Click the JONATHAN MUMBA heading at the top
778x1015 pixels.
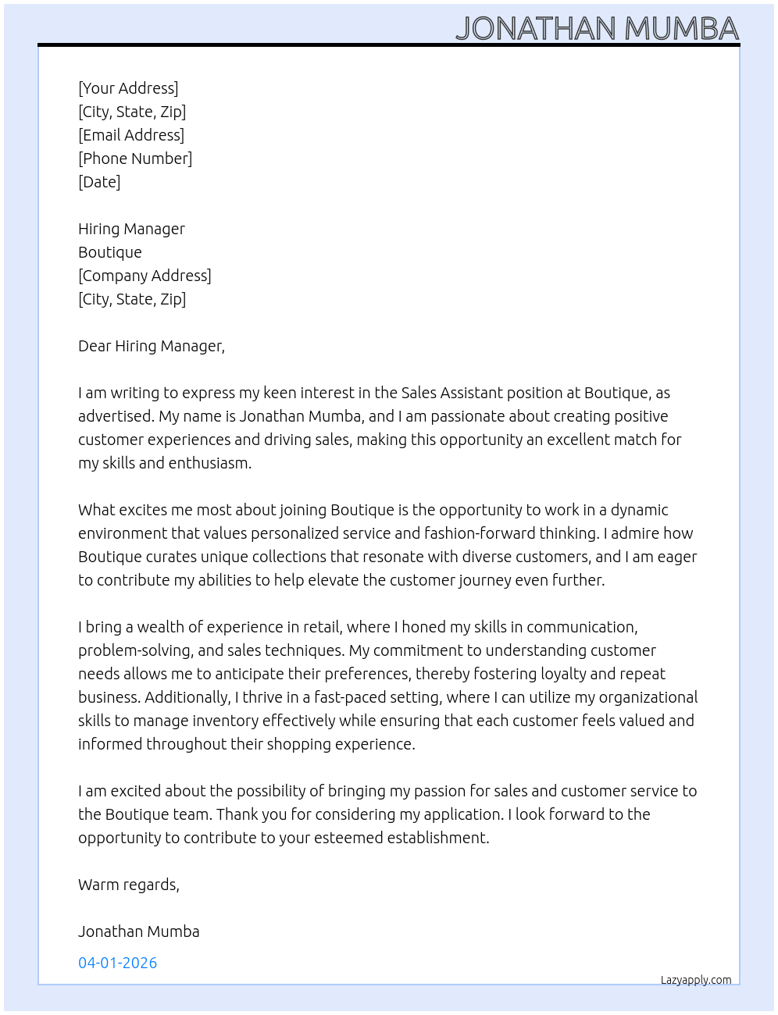pos(597,28)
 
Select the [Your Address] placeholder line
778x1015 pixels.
pos(128,88)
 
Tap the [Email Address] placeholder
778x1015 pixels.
pos(131,135)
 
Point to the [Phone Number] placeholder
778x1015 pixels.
pos(135,158)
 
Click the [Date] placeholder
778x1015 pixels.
pos(99,182)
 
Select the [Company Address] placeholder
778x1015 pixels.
pos(145,276)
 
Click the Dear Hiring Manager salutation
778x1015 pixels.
pos(152,346)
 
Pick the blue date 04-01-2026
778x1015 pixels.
pos(118,963)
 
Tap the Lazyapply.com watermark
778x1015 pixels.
pos(696,980)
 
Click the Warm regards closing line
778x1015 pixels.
pos(129,885)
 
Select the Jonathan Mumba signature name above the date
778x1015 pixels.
pos(139,931)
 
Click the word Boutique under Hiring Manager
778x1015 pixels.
pos(110,252)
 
